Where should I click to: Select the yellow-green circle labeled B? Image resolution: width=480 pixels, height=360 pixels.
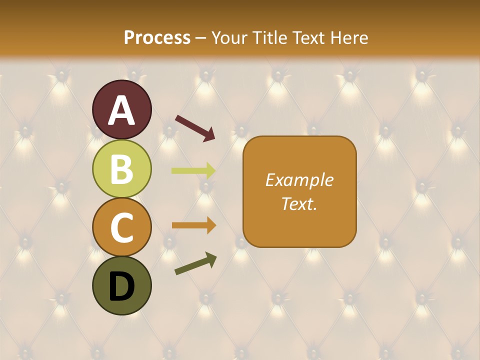tap(122, 168)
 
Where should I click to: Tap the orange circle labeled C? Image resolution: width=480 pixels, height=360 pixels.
tap(122, 227)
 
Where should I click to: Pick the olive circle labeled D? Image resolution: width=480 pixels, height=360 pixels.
tap(122, 285)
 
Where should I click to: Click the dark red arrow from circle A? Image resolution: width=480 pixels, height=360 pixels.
tap(195, 127)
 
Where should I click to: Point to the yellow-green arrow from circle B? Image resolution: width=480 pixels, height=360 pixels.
tap(193, 171)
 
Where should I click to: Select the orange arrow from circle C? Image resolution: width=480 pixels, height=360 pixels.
tap(193, 225)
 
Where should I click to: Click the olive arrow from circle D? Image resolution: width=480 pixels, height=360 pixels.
tap(195, 263)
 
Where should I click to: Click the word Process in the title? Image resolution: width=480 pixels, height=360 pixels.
tap(157, 37)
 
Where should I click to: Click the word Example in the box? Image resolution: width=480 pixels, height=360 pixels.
tap(299, 180)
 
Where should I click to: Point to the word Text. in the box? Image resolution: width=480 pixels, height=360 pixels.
tap(299, 203)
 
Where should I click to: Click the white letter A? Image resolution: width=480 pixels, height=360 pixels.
tap(122, 110)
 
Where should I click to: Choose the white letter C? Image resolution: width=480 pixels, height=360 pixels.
tap(122, 227)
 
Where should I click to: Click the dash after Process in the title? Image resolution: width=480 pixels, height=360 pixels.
tap(201, 38)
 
